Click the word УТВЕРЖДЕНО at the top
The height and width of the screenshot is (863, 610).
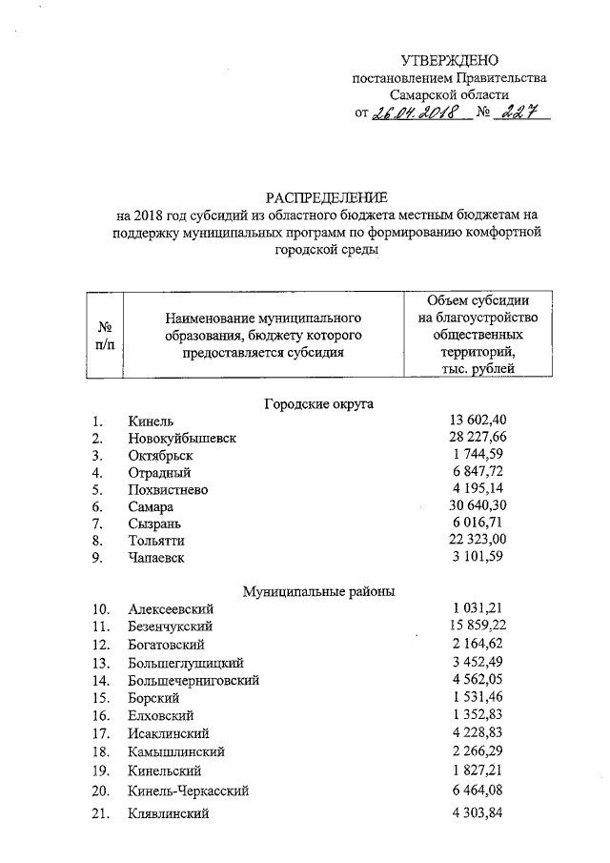pos(449,60)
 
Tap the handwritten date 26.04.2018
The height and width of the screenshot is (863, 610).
pos(417,113)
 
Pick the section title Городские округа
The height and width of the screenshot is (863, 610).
pos(318,403)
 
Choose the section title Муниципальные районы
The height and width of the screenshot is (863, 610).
pos(318,591)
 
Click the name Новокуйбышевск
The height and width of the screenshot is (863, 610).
pos(182,439)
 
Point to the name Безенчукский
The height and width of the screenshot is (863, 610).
pos(170,627)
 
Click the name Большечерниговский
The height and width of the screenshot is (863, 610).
pos(193,681)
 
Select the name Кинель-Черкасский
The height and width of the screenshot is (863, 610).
pos(188,791)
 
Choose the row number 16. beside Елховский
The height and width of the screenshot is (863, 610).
pos(100,715)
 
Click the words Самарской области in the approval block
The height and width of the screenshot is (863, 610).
pos(449,95)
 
